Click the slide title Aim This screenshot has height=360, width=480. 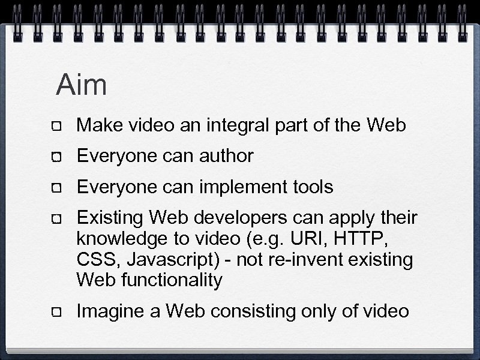click(x=82, y=85)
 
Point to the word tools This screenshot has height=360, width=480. click(x=311, y=188)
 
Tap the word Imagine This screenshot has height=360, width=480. click(x=111, y=312)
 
